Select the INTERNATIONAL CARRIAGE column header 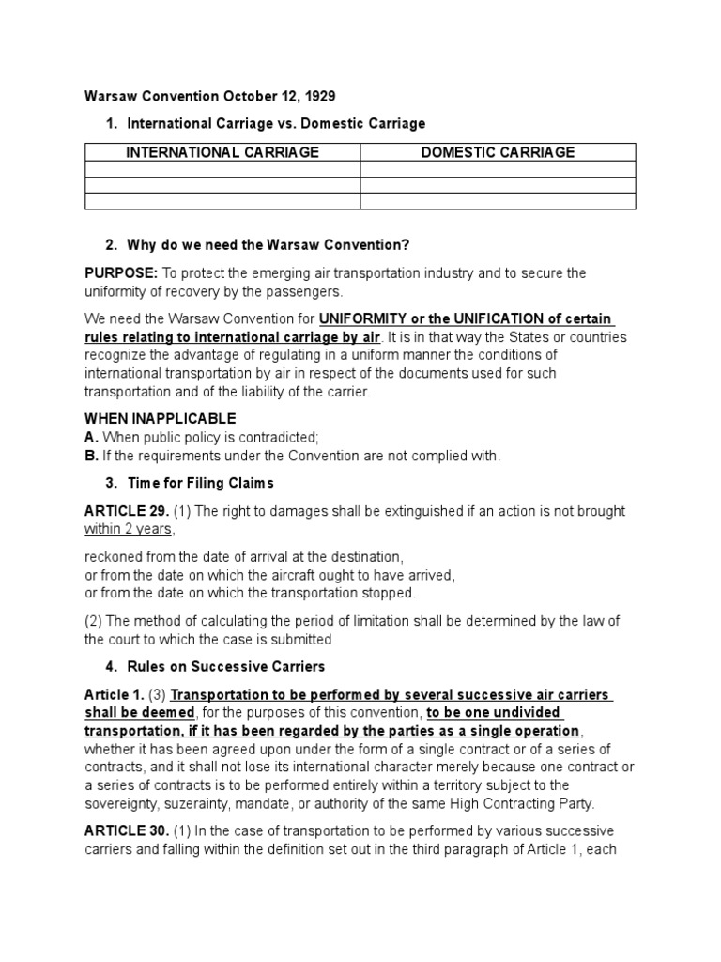click(222, 152)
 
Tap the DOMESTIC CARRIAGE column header click(498, 152)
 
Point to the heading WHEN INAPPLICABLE click(161, 419)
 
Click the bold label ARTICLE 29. click(127, 511)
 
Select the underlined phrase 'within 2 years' click(129, 529)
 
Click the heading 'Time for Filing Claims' click(200, 483)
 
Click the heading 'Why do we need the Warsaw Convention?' click(268, 245)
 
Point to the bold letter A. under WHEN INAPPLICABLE click(91, 438)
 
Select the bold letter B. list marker click(91, 456)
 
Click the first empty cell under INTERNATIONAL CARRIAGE click(222, 169)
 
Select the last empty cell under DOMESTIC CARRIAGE click(498, 201)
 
